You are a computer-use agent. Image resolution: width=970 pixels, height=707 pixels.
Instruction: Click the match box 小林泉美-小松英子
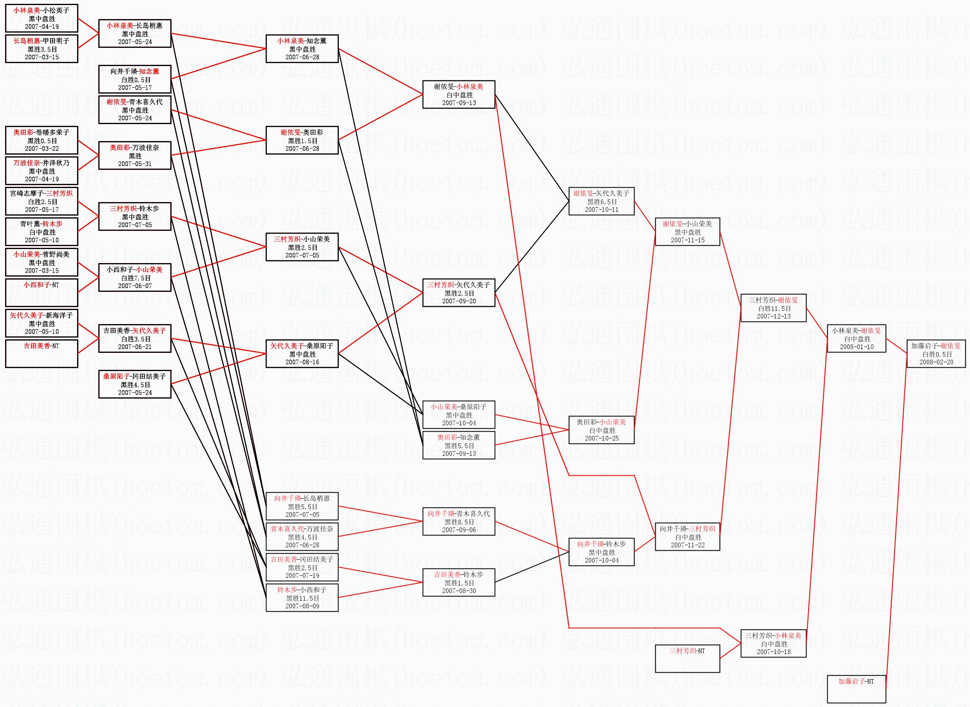click(x=42, y=18)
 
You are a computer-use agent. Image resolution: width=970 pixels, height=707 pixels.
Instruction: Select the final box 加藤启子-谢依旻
click(x=936, y=354)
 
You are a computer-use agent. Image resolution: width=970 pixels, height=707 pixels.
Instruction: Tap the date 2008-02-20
click(x=936, y=362)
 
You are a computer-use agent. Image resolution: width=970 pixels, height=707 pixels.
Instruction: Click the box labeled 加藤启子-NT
click(x=856, y=689)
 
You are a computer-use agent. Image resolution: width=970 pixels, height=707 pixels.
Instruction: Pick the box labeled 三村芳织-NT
click(x=687, y=658)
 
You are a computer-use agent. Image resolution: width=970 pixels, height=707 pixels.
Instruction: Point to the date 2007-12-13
click(x=773, y=316)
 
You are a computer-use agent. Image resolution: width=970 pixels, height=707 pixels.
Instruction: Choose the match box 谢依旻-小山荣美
click(x=687, y=232)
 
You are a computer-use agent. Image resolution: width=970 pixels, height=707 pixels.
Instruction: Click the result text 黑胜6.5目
click(x=601, y=202)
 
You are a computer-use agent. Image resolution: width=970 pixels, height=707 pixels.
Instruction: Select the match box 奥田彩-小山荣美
click(x=601, y=430)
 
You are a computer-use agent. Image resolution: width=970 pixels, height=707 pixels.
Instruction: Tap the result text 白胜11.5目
click(x=774, y=308)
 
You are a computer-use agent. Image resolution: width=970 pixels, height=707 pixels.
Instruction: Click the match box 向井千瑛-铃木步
click(x=601, y=552)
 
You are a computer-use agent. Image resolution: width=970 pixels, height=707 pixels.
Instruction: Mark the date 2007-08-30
click(x=459, y=591)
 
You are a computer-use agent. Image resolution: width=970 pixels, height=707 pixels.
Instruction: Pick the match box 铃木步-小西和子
click(x=302, y=597)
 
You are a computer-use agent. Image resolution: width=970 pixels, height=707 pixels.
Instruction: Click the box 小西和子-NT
click(x=42, y=293)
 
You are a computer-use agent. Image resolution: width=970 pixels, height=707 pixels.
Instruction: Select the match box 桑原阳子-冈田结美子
click(x=134, y=384)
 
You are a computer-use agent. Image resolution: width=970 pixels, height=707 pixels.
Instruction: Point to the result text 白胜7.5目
click(x=134, y=278)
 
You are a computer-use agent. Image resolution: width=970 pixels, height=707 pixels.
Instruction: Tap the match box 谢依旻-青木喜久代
click(x=134, y=110)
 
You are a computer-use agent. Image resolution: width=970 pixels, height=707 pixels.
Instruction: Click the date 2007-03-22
click(x=42, y=149)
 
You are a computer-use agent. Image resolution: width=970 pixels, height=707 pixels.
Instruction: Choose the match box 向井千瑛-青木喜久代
click(x=459, y=522)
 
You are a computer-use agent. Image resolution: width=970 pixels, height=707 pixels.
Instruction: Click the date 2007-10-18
click(x=773, y=652)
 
